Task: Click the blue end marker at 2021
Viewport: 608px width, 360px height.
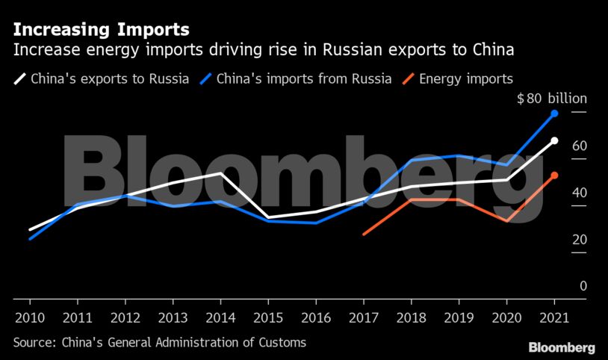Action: [x=554, y=114]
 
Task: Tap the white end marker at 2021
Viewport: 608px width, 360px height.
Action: [x=554, y=140]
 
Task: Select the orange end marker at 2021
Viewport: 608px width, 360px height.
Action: [x=554, y=176]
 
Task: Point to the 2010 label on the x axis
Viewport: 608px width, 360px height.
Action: [x=30, y=317]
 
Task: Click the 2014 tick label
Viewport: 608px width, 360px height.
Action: [x=220, y=317]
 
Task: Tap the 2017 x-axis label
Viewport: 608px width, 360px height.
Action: [x=364, y=317]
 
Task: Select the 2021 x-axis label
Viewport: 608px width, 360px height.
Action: [x=554, y=317]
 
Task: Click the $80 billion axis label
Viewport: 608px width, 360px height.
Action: [x=552, y=99]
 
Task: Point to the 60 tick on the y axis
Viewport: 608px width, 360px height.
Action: [x=579, y=146]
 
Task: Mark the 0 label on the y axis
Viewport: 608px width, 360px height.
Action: [x=583, y=285]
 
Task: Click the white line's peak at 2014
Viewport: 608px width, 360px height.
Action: [x=221, y=173]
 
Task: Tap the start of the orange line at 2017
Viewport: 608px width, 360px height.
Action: [x=364, y=234]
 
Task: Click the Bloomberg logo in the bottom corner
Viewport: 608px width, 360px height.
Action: [x=562, y=347]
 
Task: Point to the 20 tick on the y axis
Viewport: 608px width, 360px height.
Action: [x=579, y=239]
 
